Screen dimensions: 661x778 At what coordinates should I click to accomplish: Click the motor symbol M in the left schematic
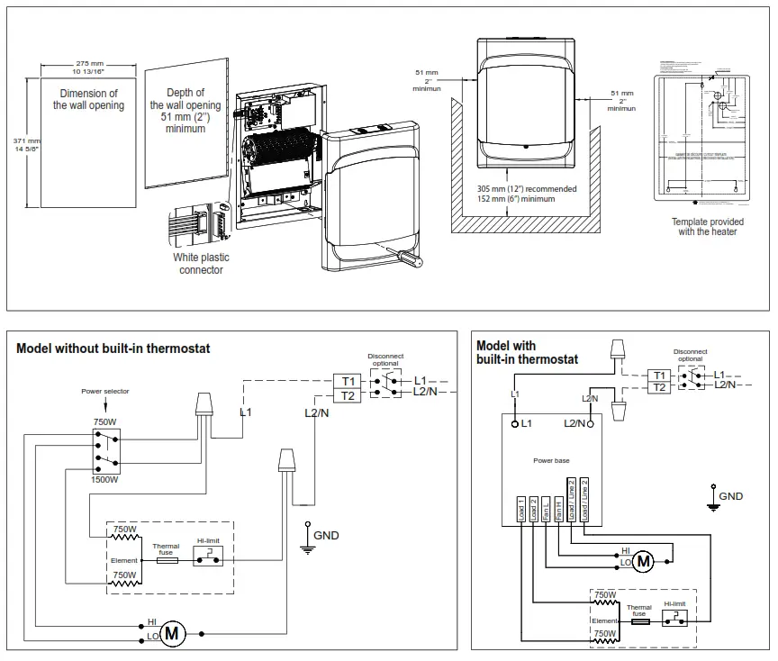(x=174, y=633)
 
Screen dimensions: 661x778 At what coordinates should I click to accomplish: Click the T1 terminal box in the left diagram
(x=348, y=380)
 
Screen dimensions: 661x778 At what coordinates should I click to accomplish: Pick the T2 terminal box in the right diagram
(x=660, y=387)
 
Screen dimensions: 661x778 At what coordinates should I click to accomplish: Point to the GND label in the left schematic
(x=326, y=535)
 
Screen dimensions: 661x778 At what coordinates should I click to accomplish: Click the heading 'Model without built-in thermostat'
(x=113, y=349)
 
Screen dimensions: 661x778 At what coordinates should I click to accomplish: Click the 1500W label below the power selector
(x=105, y=479)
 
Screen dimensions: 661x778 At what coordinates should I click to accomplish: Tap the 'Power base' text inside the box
(x=551, y=460)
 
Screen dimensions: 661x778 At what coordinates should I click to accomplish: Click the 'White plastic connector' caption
(x=201, y=263)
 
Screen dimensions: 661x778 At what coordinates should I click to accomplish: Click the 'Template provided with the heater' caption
(x=707, y=226)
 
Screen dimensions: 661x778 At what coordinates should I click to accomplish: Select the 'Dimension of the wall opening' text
(x=88, y=99)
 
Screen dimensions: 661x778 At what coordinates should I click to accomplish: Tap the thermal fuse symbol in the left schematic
(x=166, y=559)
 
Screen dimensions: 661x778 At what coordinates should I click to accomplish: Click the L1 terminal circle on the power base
(x=515, y=422)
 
